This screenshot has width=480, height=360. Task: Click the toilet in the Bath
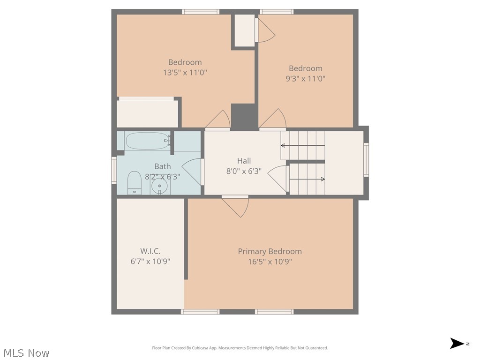tap(134, 183)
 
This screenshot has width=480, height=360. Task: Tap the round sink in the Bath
tap(159, 186)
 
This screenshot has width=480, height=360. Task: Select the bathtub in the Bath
tap(148, 141)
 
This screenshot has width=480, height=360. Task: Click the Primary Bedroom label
tap(270, 251)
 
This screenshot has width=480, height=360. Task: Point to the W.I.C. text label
tap(150, 251)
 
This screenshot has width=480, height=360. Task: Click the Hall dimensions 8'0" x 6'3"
tap(244, 171)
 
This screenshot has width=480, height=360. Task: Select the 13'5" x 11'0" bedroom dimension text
tap(185, 73)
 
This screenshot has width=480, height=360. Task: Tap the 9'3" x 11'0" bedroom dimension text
tap(306, 79)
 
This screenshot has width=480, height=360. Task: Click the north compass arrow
tap(457, 343)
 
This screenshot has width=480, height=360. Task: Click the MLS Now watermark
tap(27, 353)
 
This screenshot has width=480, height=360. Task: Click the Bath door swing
tap(192, 172)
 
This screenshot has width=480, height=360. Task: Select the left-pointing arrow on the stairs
tap(303, 145)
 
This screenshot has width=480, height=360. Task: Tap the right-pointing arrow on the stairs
tap(307, 179)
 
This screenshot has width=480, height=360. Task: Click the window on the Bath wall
tap(114, 170)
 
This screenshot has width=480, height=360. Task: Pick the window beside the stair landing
tap(366, 159)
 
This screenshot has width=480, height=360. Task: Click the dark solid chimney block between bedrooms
tap(244, 117)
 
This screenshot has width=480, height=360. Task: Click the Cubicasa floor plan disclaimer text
tap(240, 348)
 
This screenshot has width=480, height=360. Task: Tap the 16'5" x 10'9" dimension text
tap(270, 262)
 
